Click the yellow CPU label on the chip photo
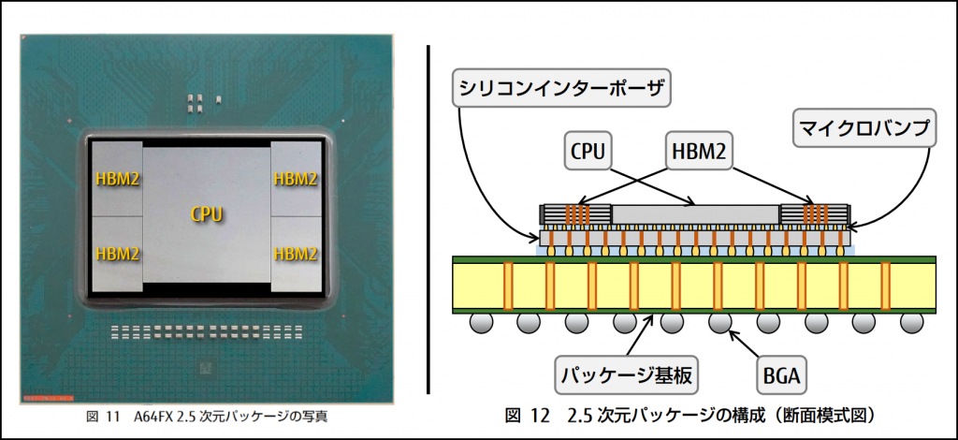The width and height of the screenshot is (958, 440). pyautogui.click(x=206, y=214)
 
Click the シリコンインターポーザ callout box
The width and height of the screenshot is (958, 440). pyautogui.click(x=560, y=89)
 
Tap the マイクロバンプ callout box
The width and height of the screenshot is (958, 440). pyautogui.click(x=864, y=129)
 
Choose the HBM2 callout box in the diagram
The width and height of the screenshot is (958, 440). pyautogui.click(x=698, y=151)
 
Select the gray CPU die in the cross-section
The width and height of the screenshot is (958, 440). pyautogui.click(x=696, y=213)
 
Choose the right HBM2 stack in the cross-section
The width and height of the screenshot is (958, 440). pyautogui.click(x=815, y=214)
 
